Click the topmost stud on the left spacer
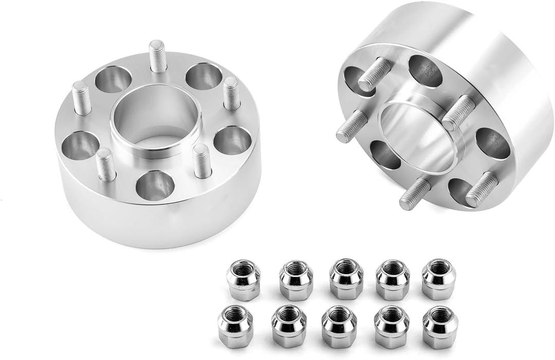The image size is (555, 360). point(158,57)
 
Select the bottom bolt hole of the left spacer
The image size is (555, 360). point(155,186)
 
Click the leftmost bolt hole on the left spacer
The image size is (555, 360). point(80,146)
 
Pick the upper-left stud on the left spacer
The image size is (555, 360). point(82,98)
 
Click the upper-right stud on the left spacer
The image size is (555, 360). point(232,94)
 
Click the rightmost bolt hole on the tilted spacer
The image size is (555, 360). point(493,143)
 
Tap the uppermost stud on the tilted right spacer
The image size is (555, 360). point(376,74)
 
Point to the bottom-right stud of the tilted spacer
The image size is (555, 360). point(482,190)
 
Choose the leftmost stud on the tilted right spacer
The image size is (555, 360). point(352,127)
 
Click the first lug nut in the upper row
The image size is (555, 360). point(243,280)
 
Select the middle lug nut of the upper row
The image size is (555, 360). point(346,279)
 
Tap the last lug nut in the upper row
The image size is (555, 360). point(438,279)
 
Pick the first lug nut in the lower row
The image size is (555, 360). point(235,326)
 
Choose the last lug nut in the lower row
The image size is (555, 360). point(440,327)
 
